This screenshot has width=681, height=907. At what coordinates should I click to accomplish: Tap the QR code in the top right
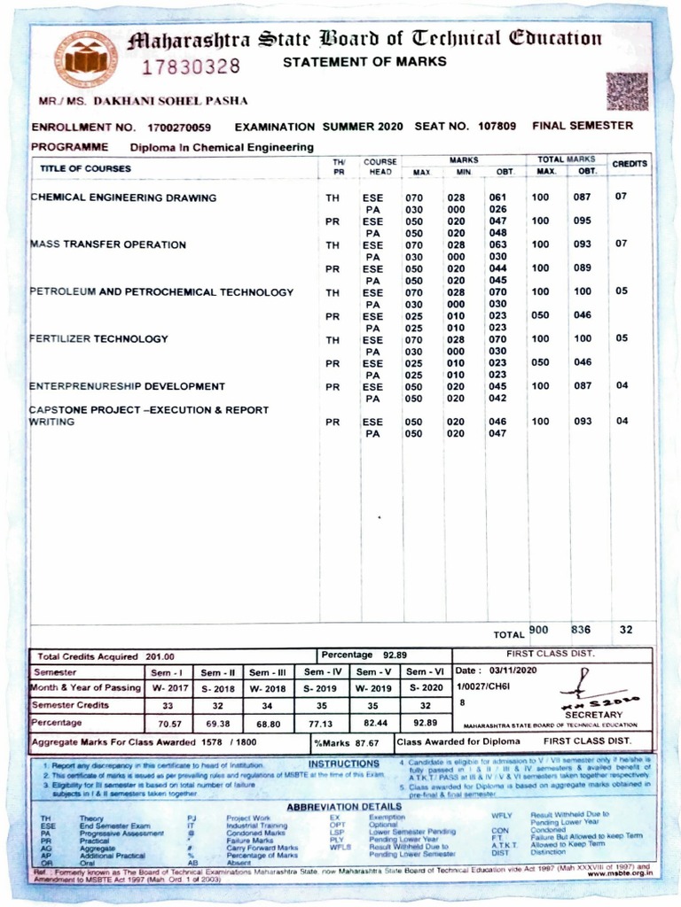(x=626, y=90)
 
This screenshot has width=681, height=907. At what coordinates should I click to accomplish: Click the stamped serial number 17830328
(x=192, y=66)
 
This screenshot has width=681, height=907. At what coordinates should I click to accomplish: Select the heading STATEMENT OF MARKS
(x=364, y=62)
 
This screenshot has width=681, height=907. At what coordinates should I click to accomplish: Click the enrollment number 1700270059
(x=180, y=127)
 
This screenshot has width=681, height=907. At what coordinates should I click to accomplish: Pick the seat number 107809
(x=495, y=127)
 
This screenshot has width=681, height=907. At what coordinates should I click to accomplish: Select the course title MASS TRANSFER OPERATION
(x=108, y=244)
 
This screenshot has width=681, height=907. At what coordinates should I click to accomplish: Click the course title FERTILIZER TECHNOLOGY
(x=98, y=338)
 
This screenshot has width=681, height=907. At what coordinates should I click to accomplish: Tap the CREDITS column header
(x=630, y=164)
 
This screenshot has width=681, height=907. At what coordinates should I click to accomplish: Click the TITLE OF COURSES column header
(x=85, y=168)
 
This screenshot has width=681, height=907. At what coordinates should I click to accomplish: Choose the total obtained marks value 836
(x=581, y=630)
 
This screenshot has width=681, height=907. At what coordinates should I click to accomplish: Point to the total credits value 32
(x=626, y=630)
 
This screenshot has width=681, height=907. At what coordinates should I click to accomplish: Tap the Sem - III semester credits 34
(x=270, y=706)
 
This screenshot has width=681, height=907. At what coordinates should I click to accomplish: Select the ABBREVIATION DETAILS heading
(x=344, y=807)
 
